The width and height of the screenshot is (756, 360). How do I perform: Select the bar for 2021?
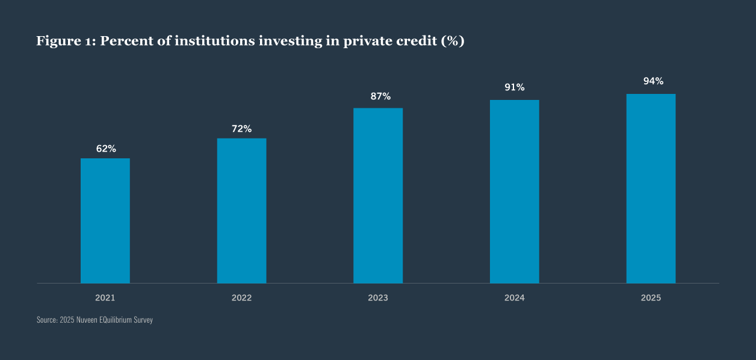[105, 220]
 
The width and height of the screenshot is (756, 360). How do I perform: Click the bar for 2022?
[241, 211]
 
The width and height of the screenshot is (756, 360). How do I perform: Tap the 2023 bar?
[378, 196]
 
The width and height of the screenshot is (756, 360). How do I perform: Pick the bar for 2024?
[515, 191]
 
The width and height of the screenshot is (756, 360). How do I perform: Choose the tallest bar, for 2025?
[651, 188]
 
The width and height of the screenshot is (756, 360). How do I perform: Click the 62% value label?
[105, 149]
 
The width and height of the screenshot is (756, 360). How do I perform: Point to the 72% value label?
[241, 129]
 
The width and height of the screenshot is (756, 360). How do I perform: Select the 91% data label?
[515, 87]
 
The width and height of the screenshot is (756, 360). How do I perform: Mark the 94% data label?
[653, 81]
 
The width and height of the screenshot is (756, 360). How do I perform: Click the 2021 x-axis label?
[105, 298]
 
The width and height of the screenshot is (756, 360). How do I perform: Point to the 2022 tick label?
[241, 298]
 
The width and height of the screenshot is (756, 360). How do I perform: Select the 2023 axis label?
[378, 298]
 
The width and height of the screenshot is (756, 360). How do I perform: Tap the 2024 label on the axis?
[515, 298]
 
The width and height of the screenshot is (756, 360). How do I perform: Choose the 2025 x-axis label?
[651, 298]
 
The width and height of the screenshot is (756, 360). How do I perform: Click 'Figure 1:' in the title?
[66, 41]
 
